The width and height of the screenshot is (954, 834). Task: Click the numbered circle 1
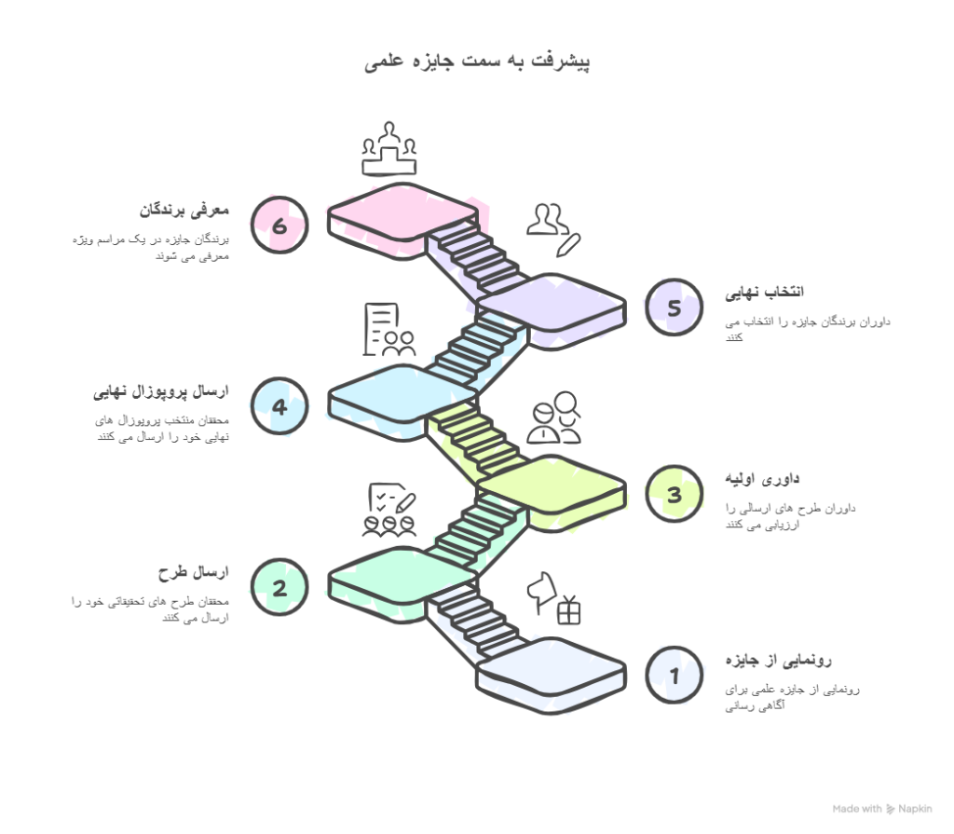coord(674,674)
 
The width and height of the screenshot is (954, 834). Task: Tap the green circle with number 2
coord(279,586)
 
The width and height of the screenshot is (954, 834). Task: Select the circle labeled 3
coord(674,494)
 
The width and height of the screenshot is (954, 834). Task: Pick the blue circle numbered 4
coord(279,406)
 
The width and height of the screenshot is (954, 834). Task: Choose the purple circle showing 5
coord(674,307)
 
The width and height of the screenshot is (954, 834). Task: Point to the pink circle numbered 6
coord(279,225)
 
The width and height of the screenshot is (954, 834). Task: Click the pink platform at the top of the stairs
coord(402,216)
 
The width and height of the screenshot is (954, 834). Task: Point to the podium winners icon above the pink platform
coord(388,149)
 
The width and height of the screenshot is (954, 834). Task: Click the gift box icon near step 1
coord(568,610)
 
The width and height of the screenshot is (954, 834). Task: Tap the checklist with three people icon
coord(389,511)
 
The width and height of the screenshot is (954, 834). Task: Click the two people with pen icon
coord(552,228)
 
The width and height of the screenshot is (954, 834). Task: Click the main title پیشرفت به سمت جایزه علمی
coord(477,62)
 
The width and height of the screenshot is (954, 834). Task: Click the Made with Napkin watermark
coord(881,809)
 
